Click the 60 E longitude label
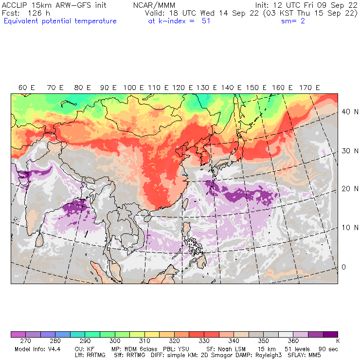[26, 88]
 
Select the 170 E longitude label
[310, 88]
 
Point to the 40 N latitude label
[346, 111]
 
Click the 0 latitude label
[343, 267]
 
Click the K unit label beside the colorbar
[337, 342]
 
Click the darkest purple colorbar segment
[331, 335]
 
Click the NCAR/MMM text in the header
[154, 5]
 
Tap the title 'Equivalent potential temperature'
[60, 21]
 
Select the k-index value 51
[205, 21]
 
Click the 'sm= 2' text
[293, 21]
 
